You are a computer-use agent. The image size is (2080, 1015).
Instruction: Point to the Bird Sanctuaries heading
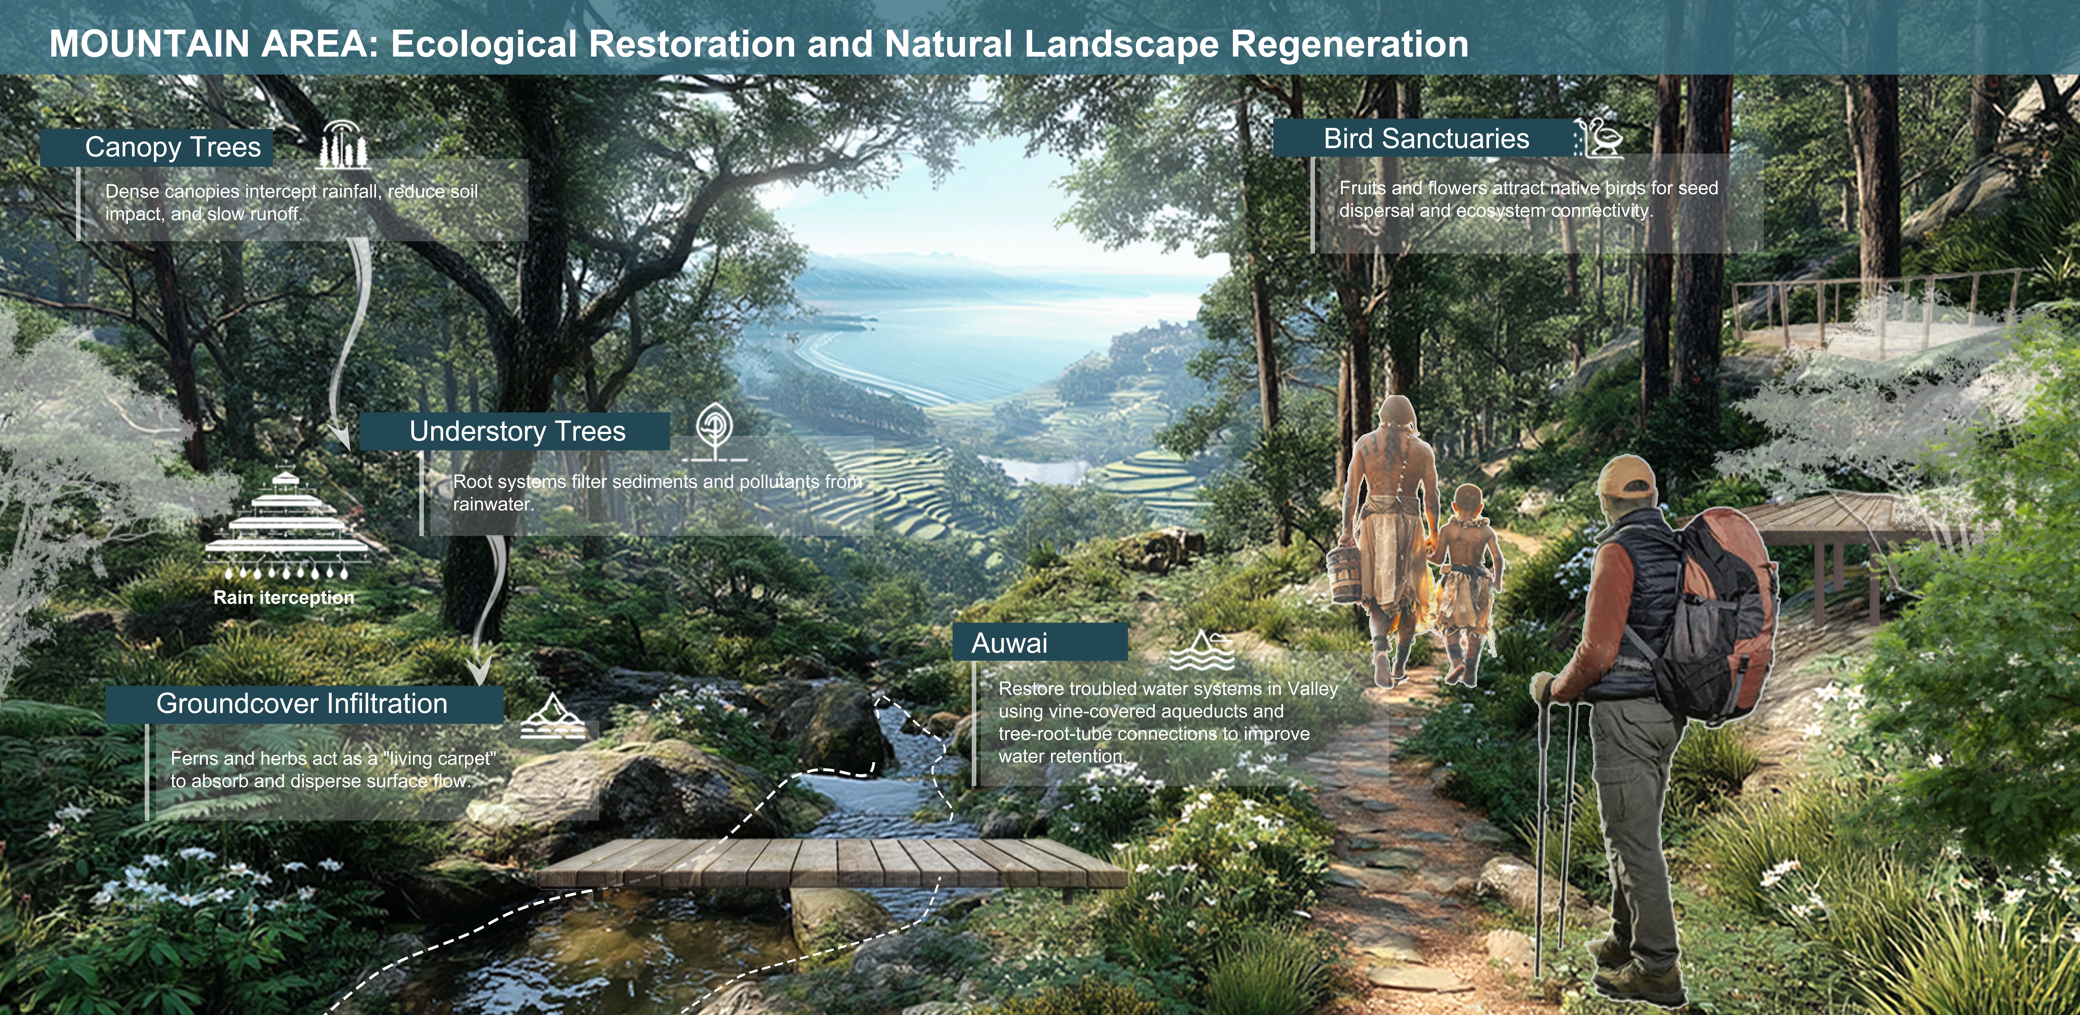coord(1426,139)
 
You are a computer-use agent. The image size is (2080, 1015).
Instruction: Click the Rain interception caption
coord(283,598)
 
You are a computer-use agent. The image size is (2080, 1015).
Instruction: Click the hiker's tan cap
coord(1625,477)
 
